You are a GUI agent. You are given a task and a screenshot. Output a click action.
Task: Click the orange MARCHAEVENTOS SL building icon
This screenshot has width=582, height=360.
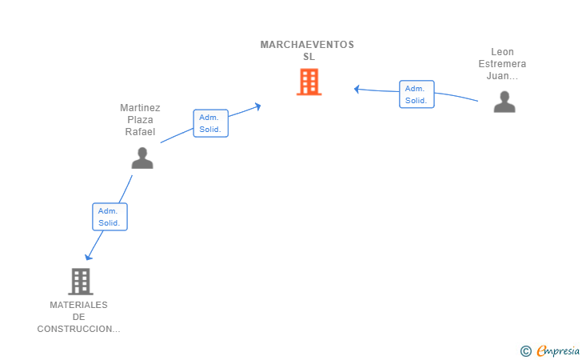[309, 82]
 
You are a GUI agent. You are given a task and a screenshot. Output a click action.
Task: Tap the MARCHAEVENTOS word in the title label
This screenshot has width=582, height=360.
[307, 45]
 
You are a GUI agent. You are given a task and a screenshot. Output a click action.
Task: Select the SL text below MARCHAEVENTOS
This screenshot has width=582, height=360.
[309, 57]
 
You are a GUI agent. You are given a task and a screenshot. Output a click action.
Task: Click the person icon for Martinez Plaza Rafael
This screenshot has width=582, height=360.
[142, 158]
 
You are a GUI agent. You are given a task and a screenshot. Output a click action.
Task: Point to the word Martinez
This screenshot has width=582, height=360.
[140, 107]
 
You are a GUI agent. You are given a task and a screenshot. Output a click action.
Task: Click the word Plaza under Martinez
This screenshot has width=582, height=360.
[140, 120]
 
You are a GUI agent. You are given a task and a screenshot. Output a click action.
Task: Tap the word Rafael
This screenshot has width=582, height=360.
[140, 132]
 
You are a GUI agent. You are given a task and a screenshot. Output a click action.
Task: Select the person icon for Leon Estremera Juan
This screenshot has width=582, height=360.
[504, 102]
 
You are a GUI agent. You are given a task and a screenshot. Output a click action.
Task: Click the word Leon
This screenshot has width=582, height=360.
[502, 52]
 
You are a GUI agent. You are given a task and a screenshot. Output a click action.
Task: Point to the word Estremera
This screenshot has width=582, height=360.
[502, 64]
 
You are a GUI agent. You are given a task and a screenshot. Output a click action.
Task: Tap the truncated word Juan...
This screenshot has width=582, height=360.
[502, 76]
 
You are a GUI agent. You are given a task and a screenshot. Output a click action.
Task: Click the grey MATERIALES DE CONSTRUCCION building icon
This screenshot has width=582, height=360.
[80, 281]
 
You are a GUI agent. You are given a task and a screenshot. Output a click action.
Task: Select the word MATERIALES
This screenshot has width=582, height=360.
[78, 305]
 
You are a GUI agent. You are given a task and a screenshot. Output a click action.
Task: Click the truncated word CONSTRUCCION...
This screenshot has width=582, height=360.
[78, 329]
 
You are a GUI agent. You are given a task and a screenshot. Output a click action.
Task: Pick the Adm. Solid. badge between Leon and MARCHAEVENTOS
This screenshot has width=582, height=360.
[417, 94]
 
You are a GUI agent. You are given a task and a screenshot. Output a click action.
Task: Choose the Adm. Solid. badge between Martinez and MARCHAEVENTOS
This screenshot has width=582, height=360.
[211, 123]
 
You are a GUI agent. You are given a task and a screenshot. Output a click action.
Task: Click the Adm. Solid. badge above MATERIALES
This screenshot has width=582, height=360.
[110, 217]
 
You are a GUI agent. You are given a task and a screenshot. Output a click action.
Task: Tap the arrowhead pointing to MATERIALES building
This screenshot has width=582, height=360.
[89, 256]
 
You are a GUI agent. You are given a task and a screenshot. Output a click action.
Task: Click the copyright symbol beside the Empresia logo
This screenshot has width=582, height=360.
[525, 350]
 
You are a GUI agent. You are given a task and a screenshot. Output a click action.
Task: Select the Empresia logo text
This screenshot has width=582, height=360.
[558, 350]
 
